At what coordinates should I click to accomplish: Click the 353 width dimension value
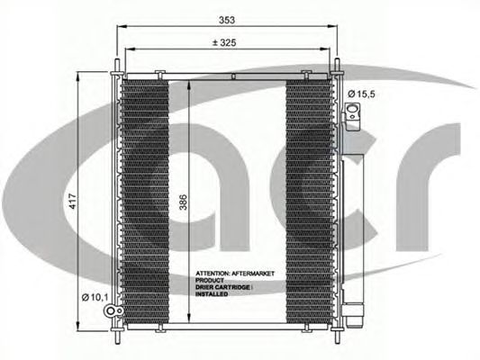pos(227,20)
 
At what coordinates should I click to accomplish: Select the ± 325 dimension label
pos(224,42)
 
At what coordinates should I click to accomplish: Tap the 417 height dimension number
pos(73,201)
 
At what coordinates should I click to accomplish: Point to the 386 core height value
pos(183,202)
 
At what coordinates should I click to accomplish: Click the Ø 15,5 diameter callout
pos(361,94)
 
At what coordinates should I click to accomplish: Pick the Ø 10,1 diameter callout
pos(95,297)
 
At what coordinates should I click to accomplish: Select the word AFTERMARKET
pos(253,274)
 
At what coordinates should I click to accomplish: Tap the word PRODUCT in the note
pos(210,280)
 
